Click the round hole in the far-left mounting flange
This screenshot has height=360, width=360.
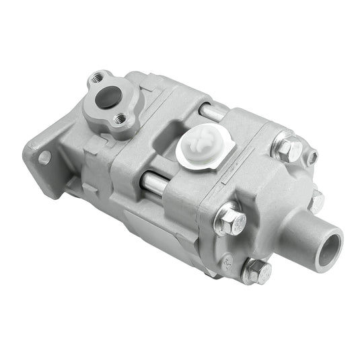(x=44, y=158)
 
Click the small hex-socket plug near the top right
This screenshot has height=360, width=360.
(x=311, y=159)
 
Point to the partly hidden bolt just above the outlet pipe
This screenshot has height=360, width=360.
(x=316, y=200)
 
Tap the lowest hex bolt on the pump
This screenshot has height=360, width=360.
(x=256, y=272)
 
